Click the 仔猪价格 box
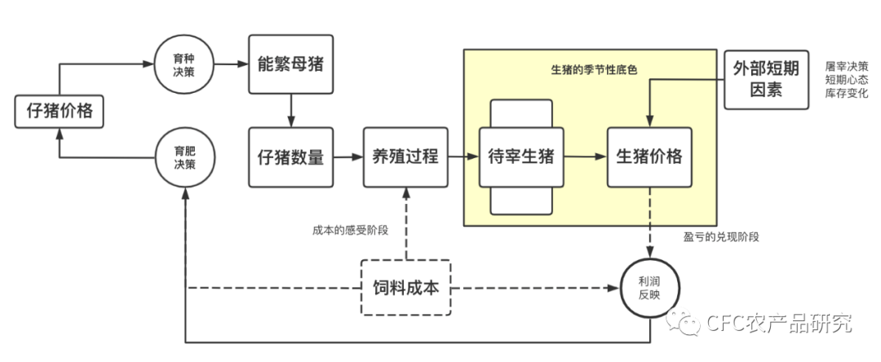(x=60, y=112)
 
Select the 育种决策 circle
(x=184, y=64)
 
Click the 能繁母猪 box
(x=291, y=64)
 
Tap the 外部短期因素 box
(x=765, y=80)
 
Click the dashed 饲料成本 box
(x=405, y=288)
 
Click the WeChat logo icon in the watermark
(x=683, y=323)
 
